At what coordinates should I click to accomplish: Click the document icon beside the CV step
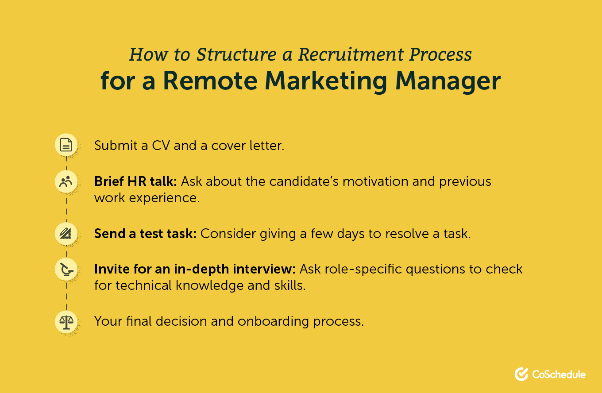(x=66, y=145)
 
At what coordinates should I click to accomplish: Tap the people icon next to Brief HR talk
(x=66, y=181)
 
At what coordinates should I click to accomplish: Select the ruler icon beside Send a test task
(x=66, y=233)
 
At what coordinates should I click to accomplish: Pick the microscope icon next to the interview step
(x=66, y=269)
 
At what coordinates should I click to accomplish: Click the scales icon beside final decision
(x=66, y=321)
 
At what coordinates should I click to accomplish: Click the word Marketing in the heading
(x=328, y=81)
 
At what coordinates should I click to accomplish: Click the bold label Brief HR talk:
(x=135, y=181)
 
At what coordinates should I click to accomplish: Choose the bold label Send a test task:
(x=145, y=233)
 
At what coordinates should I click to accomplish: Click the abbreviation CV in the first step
(x=158, y=145)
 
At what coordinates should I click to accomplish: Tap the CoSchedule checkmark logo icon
(x=521, y=374)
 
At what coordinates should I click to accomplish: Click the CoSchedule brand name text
(x=559, y=374)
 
